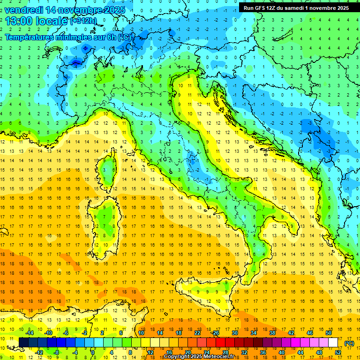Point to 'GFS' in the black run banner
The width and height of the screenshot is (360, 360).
coord(261,8)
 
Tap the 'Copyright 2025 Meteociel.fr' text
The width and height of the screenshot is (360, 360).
coord(199,357)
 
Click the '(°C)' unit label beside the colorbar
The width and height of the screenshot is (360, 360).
coord(349,343)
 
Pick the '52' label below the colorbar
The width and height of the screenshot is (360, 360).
coord(338,352)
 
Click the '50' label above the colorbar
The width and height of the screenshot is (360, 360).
coord(329,333)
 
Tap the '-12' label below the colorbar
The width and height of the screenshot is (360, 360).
coord(40,352)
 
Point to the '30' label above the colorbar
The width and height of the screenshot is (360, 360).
coord(235,333)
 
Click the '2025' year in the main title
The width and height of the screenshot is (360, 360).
coord(112,10)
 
